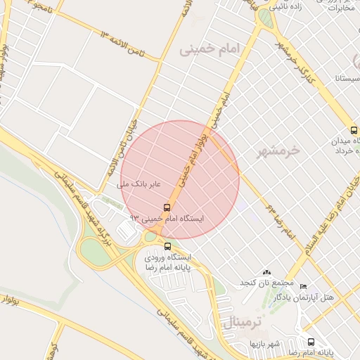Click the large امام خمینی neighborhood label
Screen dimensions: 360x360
219,49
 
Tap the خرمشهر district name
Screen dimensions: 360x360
274,150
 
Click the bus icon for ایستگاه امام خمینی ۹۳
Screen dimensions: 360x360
167,207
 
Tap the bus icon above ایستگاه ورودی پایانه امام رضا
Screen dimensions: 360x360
167,246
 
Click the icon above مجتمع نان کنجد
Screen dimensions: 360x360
266,272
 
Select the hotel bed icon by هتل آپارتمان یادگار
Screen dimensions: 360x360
303,286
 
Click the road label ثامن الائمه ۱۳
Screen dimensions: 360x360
126,37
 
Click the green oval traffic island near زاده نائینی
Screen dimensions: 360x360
264,16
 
